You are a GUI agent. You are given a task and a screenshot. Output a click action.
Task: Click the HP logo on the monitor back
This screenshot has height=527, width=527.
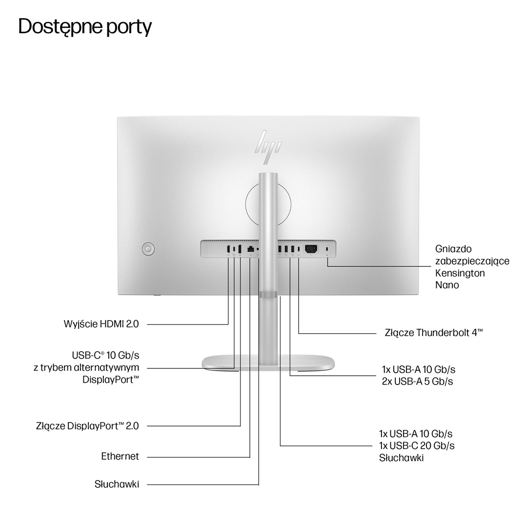(x=268, y=142)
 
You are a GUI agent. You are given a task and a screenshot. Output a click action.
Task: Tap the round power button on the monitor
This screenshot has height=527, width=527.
(x=148, y=249)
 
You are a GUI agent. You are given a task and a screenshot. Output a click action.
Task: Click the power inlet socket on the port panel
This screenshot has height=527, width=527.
(x=311, y=249)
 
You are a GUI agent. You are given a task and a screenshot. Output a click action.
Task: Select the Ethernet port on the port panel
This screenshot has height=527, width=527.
(x=250, y=249)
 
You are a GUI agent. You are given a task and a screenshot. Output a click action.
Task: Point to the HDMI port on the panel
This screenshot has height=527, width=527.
(x=228, y=249)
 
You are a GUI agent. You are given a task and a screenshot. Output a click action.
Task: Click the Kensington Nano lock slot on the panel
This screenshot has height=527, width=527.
(x=327, y=250)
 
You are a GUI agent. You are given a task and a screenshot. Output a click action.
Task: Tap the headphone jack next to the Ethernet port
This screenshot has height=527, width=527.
(x=257, y=249)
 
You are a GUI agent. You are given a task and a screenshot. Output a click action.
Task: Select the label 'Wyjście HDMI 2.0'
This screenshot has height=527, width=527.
(x=101, y=324)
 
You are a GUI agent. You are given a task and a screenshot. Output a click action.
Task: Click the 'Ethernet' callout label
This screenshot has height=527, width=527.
(x=120, y=456)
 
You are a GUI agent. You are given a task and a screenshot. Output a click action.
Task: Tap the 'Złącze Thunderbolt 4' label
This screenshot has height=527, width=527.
(x=433, y=333)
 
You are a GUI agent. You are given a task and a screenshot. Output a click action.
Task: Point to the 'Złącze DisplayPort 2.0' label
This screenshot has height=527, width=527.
(x=87, y=426)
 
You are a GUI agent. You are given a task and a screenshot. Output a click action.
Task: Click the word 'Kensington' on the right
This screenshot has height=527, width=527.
(x=460, y=273)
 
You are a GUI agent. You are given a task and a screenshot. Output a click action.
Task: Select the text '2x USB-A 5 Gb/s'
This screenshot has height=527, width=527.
(x=417, y=381)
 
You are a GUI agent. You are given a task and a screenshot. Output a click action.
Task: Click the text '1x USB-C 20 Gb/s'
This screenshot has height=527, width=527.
(x=417, y=446)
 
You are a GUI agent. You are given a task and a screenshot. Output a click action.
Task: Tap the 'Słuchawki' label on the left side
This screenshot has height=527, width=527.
(x=117, y=484)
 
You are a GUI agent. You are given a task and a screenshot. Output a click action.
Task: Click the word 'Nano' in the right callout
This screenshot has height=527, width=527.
(x=447, y=285)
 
